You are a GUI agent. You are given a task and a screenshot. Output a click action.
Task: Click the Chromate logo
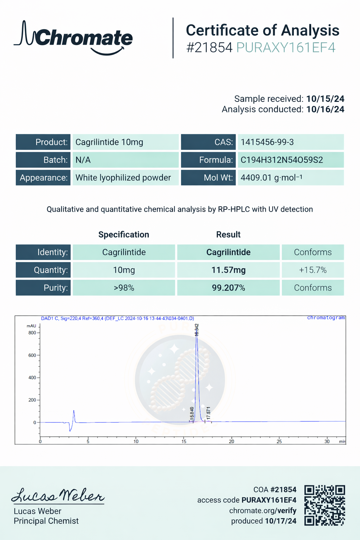pyautogui.click(x=73, y=38)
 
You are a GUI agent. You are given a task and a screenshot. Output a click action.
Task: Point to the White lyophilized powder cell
pyautogui.click(x=123, y=178)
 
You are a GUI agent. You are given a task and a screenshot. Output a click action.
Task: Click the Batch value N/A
pyautogui.click(x=83, y=160)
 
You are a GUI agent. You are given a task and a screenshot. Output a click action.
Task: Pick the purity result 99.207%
pyautogui.click(x=228, y=288)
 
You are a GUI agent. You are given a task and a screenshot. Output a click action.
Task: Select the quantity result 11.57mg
pyautogui.click(x=228, y=270)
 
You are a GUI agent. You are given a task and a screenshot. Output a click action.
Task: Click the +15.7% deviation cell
pyautogui.click(x=313, y=270)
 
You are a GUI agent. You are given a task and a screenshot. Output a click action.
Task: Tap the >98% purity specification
pyautogui.click(x=124, y=288)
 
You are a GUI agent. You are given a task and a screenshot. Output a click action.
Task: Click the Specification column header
pyautogui.click(x=124, y=234)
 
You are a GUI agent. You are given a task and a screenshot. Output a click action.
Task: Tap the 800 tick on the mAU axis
pyautogui.click(x=32, y=333)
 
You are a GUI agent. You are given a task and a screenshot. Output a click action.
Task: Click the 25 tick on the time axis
pyautogui.click(x=279, y=441)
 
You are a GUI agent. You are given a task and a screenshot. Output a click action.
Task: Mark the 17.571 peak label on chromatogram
pyautogui.click(x=208, y=413)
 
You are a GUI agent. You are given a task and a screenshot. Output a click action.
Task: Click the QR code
pyautogui.click(x=324, y=505)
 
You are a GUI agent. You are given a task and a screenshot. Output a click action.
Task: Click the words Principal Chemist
pyautogui.click(x=46, y=521)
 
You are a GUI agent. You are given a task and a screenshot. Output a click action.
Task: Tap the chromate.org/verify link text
pyautogui.click(x=263, y=510)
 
